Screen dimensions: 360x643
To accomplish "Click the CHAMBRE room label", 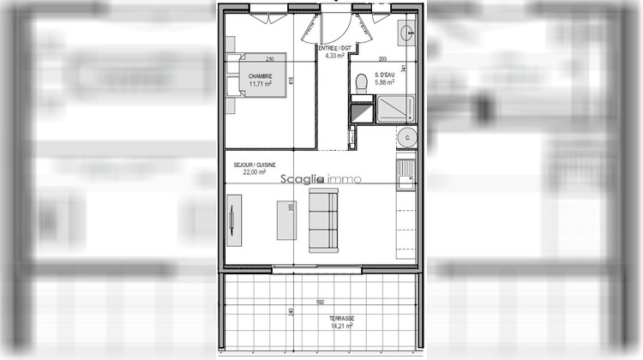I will (x=261, y=76).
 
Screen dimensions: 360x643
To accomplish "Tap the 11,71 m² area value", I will (x=261, y=84).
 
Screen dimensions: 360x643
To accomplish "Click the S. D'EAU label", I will (x=384, y=75).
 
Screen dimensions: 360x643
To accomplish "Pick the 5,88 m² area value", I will (x=384, y=83).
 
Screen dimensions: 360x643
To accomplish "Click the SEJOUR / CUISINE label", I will (x=255, y=164).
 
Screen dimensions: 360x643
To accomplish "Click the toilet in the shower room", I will (x=361, y=83).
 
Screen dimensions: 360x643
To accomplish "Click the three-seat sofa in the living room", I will (x=323, y=219).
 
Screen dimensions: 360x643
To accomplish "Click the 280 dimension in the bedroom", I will (x=269, y=59).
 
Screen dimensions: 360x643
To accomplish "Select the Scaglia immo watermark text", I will (x=325, y=179).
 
